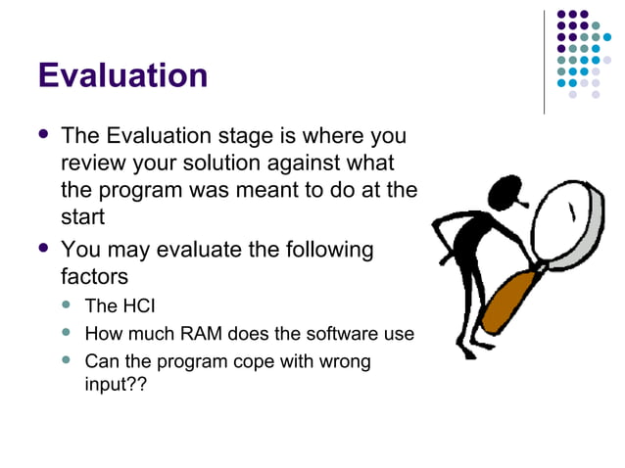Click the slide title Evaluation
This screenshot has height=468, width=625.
122,75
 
